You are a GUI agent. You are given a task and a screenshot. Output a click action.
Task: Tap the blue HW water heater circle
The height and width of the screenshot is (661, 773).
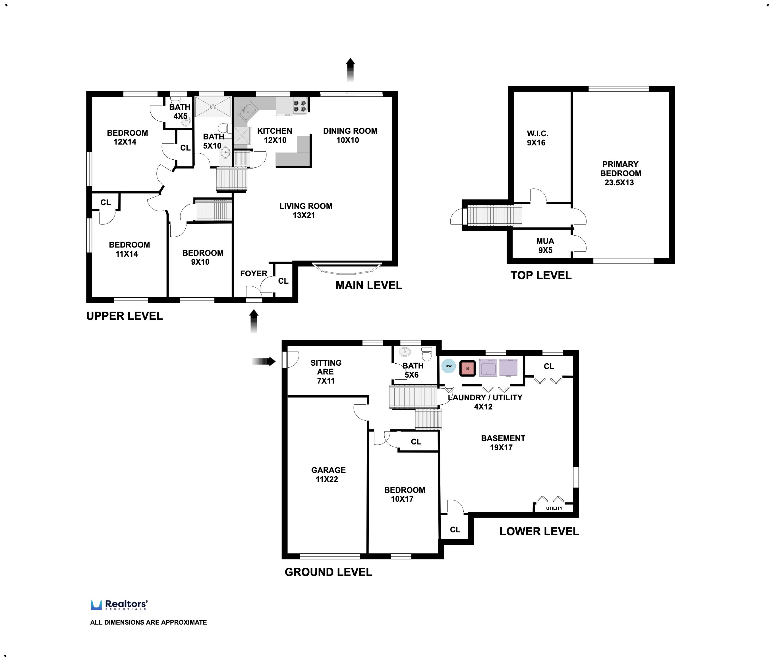coord(448,366)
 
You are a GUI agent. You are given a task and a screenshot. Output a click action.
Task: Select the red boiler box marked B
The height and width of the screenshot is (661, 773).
coord(467,368)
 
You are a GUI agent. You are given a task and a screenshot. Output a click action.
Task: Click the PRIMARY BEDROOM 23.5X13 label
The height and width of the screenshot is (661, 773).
coord(620,173)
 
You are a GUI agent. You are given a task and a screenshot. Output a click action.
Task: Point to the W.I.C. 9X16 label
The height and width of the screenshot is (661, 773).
coord(537,138)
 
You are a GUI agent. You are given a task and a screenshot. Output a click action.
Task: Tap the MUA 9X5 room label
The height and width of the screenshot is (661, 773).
coord(545,245)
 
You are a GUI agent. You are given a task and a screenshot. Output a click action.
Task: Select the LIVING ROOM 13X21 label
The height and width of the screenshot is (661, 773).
coord(305,210)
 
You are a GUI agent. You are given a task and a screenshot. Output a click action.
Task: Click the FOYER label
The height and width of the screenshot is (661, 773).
coord(253,273)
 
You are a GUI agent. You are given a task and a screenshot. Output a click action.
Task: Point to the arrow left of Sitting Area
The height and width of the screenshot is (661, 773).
coord(264,361)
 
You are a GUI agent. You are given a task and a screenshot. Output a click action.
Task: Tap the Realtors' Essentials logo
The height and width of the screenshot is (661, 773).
coord(119,605)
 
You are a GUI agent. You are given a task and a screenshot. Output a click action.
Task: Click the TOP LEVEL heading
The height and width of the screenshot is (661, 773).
coord(540,275)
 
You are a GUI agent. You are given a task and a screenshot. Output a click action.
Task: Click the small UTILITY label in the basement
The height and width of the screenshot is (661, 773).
coord(554,508)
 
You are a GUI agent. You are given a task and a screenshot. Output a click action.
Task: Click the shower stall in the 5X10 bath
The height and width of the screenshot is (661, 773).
coord(213,106)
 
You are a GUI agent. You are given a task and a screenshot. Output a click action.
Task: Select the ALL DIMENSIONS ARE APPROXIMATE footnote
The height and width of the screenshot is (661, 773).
coord(148,622)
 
